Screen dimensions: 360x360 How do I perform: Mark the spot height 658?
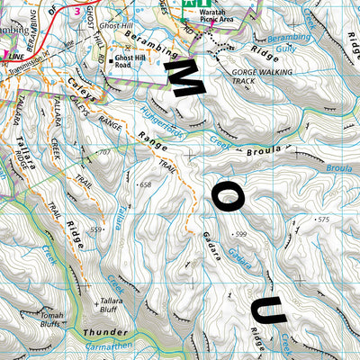click(x=144, y=184)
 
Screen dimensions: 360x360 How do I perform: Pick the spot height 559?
click(x=95, y=229)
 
